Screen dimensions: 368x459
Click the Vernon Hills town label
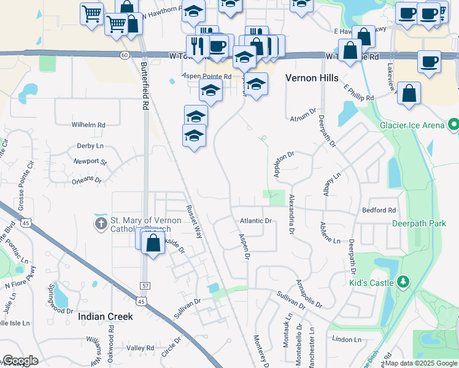(312, 78)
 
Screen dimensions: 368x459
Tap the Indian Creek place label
(106, 316)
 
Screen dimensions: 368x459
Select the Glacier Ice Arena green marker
(453, 125)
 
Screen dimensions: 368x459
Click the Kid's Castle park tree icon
(403, 282)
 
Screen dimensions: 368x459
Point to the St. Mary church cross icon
(101, 224)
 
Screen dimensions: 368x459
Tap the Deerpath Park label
(419, 224)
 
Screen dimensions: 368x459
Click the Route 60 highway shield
(125, 55)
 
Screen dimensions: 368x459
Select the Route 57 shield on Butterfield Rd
(144, 286)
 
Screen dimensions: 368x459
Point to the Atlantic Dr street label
(255, 221)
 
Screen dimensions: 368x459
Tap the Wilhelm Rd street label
(88, 125)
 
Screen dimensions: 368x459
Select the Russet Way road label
(194, 221)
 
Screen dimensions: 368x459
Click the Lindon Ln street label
(347, 339)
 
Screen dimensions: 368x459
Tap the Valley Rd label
(141, 348)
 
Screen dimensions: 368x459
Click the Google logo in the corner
(20, 361)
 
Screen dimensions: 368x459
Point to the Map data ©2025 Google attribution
(421, 364)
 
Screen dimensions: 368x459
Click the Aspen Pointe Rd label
(206, 77)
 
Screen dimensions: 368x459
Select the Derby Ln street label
(90, 146)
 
